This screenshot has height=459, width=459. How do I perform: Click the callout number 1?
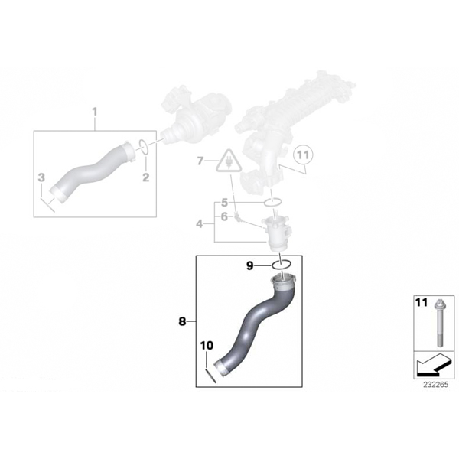pos(95,112)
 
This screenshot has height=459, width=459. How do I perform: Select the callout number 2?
pos(145,177)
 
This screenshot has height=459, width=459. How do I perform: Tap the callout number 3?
pos(41,177)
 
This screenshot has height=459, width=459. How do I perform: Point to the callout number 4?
pos(200,224)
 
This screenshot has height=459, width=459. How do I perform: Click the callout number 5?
pos(224,202)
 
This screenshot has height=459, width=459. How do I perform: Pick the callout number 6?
pos(224,217)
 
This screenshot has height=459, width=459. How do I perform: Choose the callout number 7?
pos(200,161)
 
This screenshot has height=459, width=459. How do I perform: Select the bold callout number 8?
pos(182,322)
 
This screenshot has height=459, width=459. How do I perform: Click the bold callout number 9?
pos(249,265)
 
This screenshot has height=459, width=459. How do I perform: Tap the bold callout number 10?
pos(207,346)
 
